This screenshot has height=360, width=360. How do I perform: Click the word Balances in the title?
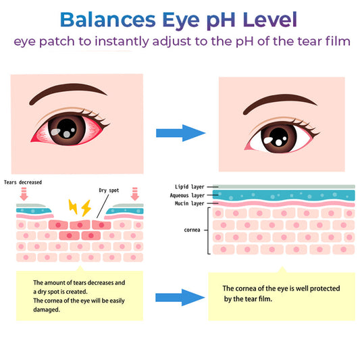[107, 20]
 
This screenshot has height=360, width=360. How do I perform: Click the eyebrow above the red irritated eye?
[68, 93]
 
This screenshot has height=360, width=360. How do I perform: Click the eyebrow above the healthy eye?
[280, 103]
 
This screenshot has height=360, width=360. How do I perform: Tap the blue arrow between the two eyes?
[181, 133]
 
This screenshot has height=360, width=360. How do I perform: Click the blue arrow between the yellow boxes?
[180, 298]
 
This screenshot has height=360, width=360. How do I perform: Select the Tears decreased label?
[23, 182]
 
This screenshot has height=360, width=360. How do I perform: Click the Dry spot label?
[109, 190]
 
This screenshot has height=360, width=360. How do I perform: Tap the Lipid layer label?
[189, 187]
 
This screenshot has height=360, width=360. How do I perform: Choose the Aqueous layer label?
[187, 195]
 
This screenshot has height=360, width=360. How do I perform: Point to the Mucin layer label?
[189, 203]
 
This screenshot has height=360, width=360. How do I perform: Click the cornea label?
[192, 230]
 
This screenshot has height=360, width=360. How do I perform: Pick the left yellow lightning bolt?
[73, 207]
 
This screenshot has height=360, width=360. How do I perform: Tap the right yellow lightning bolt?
[86, 208]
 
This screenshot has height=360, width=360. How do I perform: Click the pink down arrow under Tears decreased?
[24, 194]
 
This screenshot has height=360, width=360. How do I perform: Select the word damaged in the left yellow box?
[47, 310]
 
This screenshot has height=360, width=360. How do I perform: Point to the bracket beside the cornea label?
[208, 230]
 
